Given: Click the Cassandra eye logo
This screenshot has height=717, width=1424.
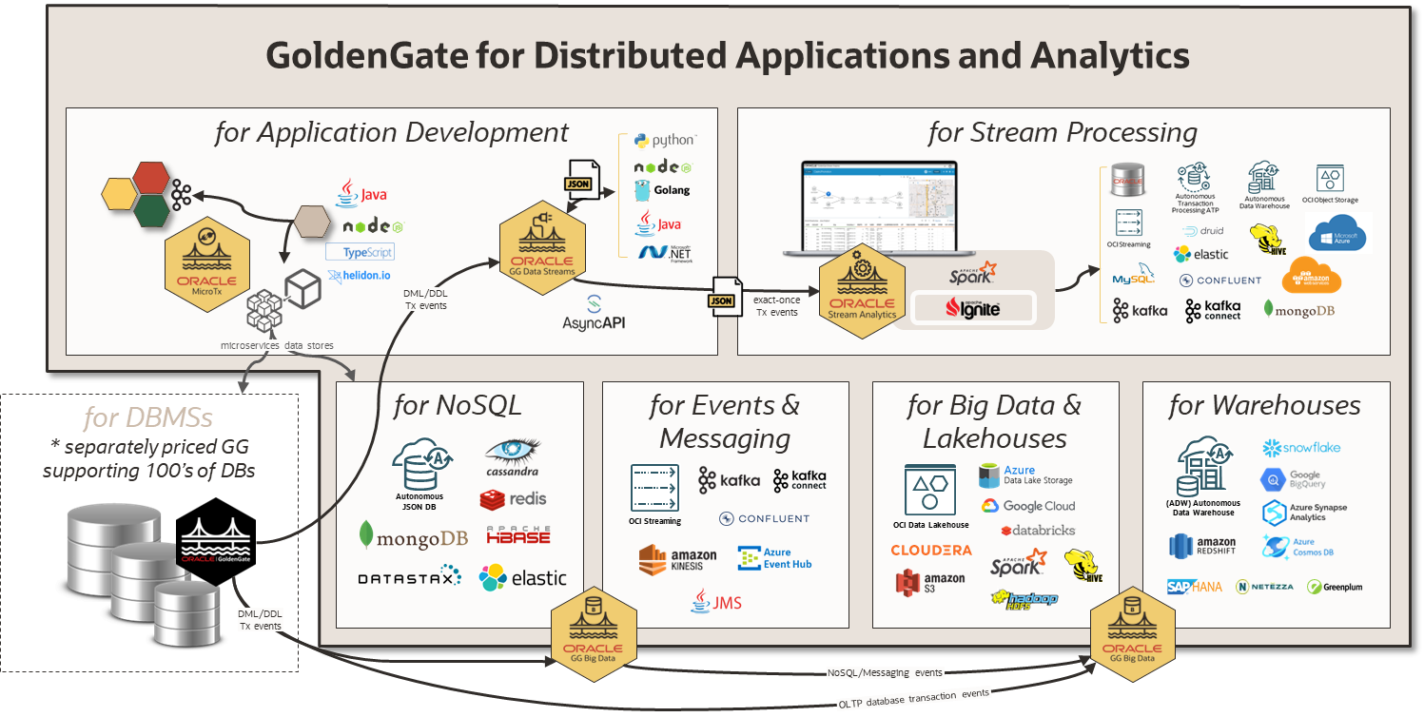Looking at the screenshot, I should [512, 454].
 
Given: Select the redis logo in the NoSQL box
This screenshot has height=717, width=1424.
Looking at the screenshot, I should [513, 498].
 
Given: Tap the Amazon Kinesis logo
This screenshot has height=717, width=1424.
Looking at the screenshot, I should [678, 558].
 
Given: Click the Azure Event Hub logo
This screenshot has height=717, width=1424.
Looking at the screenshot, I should [774, 558].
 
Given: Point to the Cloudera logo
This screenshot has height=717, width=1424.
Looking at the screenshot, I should [931, 550].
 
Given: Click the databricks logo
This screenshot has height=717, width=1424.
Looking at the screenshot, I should [1038, 530].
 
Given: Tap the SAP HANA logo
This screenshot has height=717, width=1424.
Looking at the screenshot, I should [1194, 587].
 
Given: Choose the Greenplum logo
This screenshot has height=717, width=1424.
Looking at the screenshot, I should [1335, 587].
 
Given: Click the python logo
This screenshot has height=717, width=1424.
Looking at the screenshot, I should [665, 141].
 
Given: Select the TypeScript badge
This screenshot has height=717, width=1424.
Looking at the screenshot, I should [360, 252].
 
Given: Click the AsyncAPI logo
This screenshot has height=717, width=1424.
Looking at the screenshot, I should [594, 313].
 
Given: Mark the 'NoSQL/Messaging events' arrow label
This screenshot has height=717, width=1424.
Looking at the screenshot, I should [885, 672].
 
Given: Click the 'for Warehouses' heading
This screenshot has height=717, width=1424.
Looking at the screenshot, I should [1264, 406].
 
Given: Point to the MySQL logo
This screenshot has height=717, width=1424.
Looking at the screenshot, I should [1133, 278].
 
